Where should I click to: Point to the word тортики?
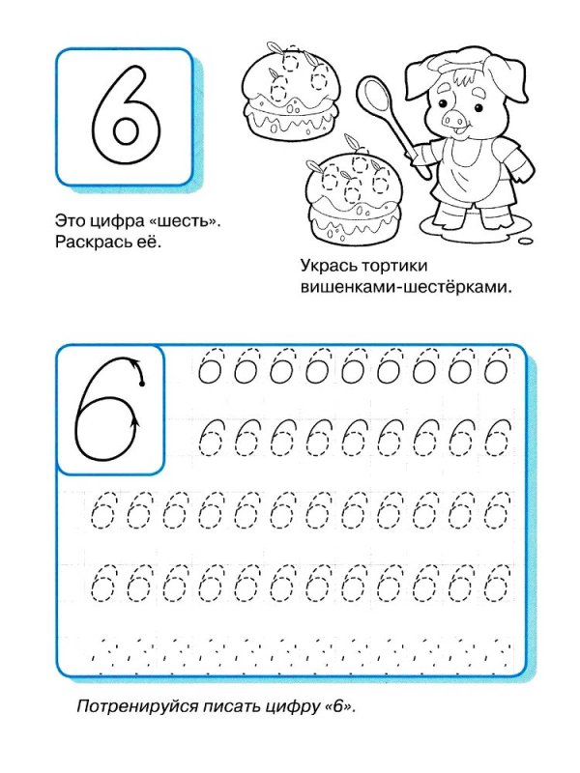395,266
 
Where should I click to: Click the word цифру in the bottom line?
294,707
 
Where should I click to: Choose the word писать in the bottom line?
236,707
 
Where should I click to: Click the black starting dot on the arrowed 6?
142,385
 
